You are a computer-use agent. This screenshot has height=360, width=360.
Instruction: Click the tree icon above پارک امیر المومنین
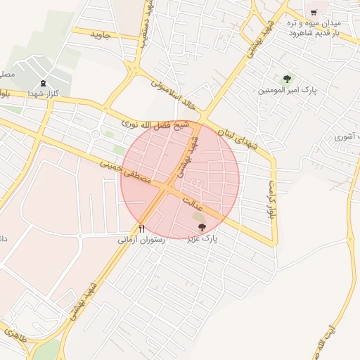click(x=286, y=79)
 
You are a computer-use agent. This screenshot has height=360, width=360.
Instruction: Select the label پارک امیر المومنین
click(x=288, y=91)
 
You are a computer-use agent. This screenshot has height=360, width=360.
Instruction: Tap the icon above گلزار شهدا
click(x=44, y=83)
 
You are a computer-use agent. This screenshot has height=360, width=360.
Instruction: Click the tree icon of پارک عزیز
click(x=202, y=226)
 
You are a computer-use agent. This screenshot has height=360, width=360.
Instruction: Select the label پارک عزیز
click(x=202, y=239)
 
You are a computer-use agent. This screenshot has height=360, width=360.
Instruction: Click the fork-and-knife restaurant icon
click(x=142, y=229)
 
